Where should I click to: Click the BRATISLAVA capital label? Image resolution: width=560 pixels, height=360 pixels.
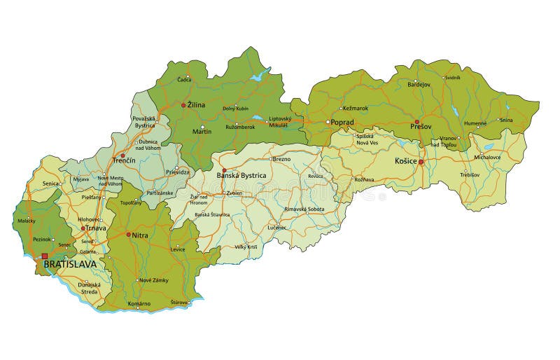coord(70,265)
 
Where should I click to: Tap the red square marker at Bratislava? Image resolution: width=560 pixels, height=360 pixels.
coord(45,256)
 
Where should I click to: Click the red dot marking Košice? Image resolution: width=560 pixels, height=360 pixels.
coord(421,162)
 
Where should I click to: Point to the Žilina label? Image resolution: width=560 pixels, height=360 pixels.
coord(196,105)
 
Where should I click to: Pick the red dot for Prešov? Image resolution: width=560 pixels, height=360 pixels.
coord(416,121)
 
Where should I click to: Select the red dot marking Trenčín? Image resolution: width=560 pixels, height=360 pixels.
coord(122,155)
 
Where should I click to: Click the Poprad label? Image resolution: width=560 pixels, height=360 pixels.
coord(342,122)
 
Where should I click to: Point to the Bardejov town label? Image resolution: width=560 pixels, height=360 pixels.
coord(419,85)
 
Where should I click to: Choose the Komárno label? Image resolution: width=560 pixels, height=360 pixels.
coord(140,303)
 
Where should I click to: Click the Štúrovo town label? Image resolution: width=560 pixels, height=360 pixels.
coord(179,303)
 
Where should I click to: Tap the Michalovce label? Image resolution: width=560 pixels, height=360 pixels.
coord(488,158)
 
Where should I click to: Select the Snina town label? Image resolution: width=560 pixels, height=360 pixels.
coord(506,120)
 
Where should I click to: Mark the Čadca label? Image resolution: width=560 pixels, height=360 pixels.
coord(183,80)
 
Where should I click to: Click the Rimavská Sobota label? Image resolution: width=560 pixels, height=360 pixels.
coord(304,209)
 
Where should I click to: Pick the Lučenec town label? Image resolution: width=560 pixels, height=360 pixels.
coord(276,228)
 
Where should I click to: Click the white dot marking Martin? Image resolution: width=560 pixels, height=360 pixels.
coord(203,127)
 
